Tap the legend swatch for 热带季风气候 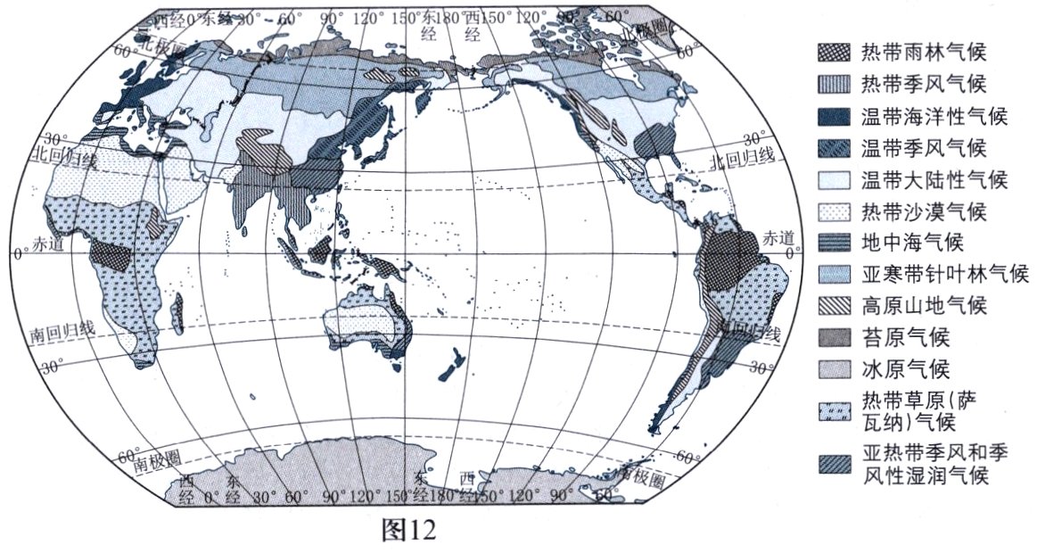coord(833,85)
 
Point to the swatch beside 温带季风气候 coord(833,148)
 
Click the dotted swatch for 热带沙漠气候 coord(833,212)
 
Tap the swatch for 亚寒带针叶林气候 coord(833,275)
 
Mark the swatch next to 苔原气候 coord(833,338)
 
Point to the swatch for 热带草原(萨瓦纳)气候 coord(833,410)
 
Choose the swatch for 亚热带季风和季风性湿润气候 coord(833,464)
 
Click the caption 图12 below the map coord(407,532)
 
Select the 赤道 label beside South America coord(777,237)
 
